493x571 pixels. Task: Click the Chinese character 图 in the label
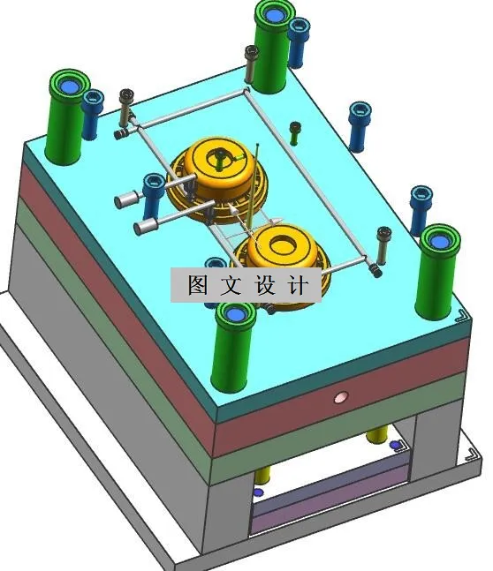tap(196, 286)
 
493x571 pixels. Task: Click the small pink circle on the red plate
tap(338, 398)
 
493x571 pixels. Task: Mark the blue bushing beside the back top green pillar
tap(300, 41)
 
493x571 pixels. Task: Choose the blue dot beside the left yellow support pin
tap(258, 492)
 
